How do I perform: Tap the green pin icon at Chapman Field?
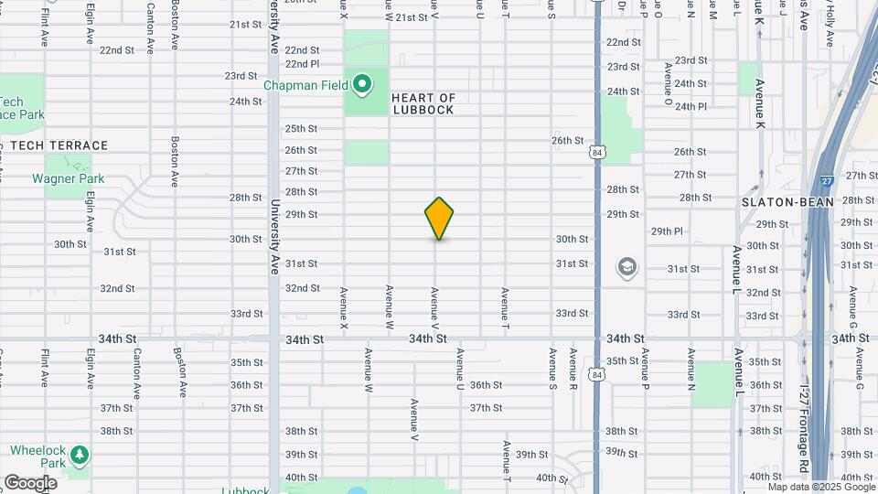[362, 85]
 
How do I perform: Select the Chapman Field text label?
[306, 85]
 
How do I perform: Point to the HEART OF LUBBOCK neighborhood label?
[423, 103]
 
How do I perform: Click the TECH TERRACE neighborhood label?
[59, 145]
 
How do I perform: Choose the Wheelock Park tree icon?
[80, 455]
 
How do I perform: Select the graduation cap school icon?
[627, 268]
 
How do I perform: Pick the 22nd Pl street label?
[302, 64]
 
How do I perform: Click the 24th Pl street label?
[690, 106]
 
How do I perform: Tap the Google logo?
[30, 482]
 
